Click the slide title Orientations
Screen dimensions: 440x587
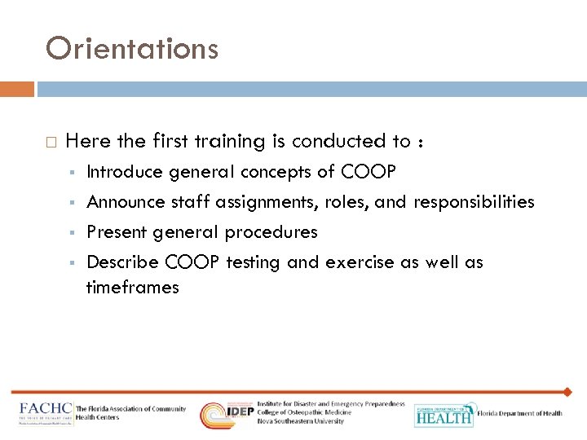tap(132, 49)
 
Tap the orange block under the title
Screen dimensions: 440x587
tap(17, 89)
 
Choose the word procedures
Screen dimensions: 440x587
tap(271, 232)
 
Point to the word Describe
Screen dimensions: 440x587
tap(122, 262)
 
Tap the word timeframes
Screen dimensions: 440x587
tap(132, 287)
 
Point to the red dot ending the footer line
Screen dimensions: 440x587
tap(569, 392)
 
